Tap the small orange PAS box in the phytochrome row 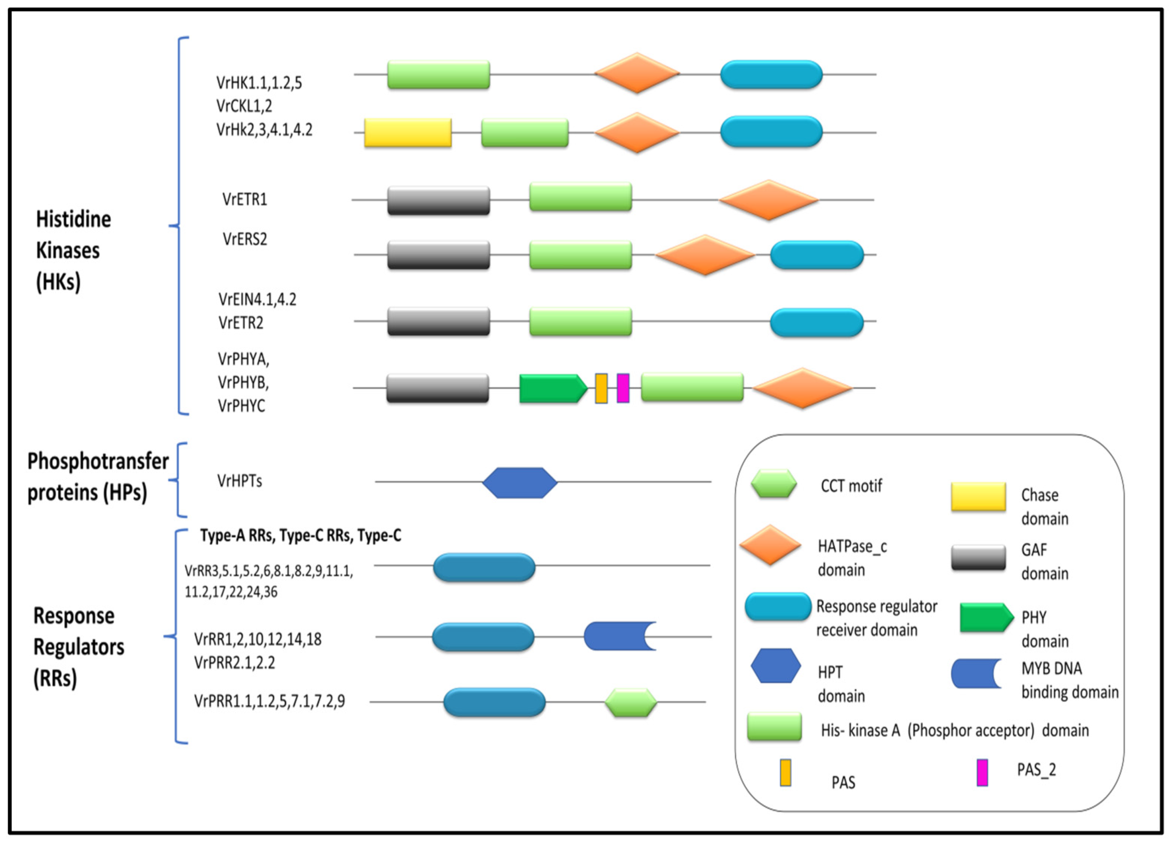coord(601,388)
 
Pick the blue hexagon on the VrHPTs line coord(519,483)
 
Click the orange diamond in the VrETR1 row coord(768,200)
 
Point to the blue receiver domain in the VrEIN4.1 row coord(817,322)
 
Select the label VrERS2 coord(245,239)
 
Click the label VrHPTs coord(240,481)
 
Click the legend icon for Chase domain coord(978,496)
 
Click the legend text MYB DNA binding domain coord(1070,680)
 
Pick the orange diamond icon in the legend coord(770,545)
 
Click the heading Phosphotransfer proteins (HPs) coord(97,477)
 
